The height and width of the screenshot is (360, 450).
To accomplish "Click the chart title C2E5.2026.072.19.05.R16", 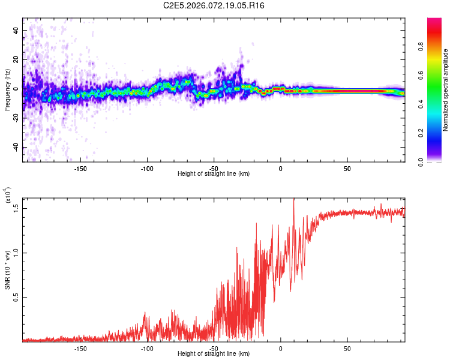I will pyautogui.click(x=214, y=5).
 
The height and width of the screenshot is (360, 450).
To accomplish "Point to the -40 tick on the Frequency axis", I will pyautogui.click(x=15, y=148).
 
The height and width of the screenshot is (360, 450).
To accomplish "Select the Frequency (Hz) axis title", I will pyautogui.click(x=7, y=90).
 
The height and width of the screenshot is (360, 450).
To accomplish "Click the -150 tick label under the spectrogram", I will pyautogui.click(x=80, y=168).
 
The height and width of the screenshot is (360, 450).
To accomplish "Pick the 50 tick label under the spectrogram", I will pyautogui.click(x=347, y=168).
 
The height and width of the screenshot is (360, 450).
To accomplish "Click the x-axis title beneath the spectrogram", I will pyautogui.click(x=214, y=174).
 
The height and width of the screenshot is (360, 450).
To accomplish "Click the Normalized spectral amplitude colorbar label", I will pyautogui.click(x=446, y=90).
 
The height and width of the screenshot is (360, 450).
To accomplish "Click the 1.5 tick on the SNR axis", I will pyautogui.click(x=16, y=208).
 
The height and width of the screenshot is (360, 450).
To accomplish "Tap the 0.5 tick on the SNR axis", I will pyautogui.click(x=16, y=297).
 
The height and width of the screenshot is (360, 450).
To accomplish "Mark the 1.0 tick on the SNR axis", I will pyautogui.click(x=16, y=253).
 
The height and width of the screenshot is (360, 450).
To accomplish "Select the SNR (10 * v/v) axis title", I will pyautogui.click(x=7, y=270).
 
